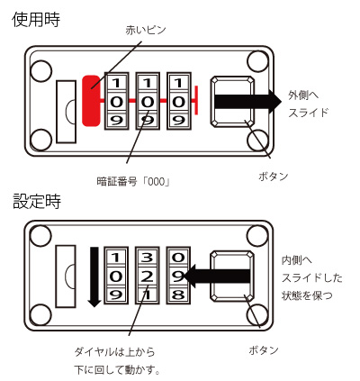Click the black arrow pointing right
[x=245, y=99]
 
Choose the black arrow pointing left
[x=225, y=274]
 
